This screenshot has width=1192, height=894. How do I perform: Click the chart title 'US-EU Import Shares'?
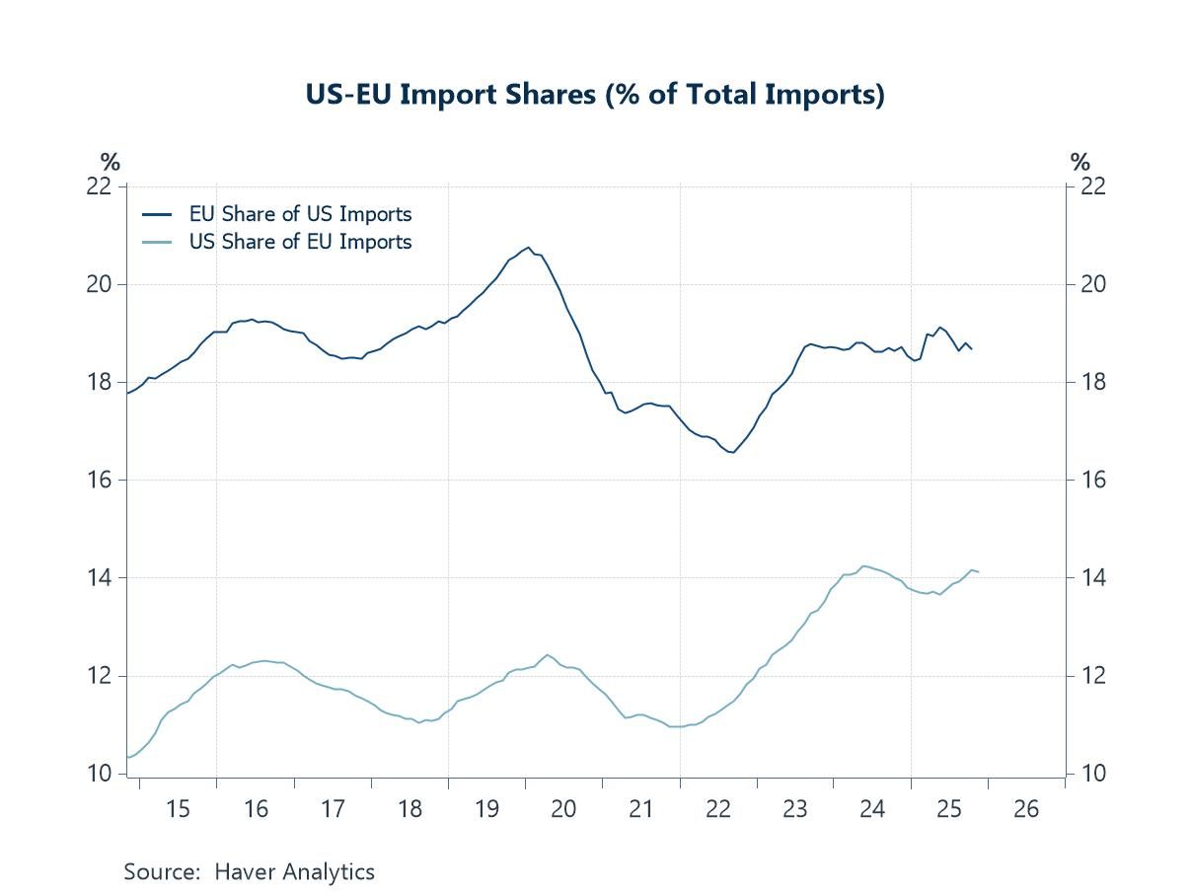pos(595,96)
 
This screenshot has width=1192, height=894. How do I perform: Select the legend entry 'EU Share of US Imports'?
pos(300,214)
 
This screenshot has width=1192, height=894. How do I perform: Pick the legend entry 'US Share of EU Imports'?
pos(300,242)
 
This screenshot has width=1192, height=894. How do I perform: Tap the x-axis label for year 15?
pos(178,810)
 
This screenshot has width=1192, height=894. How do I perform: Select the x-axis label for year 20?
pos(563,810)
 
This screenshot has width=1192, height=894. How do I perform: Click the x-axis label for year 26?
pos(1026,810)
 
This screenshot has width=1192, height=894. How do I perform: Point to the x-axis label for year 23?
pos(795,810)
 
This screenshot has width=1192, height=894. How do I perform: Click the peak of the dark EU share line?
pos(529,247)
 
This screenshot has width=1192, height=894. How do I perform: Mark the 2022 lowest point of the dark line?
pos(732,452)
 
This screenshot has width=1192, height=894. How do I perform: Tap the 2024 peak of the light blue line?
pos(864,565)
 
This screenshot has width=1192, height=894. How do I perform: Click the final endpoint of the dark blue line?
pos(972,349)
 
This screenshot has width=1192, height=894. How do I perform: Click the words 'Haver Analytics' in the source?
pos(296,871)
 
